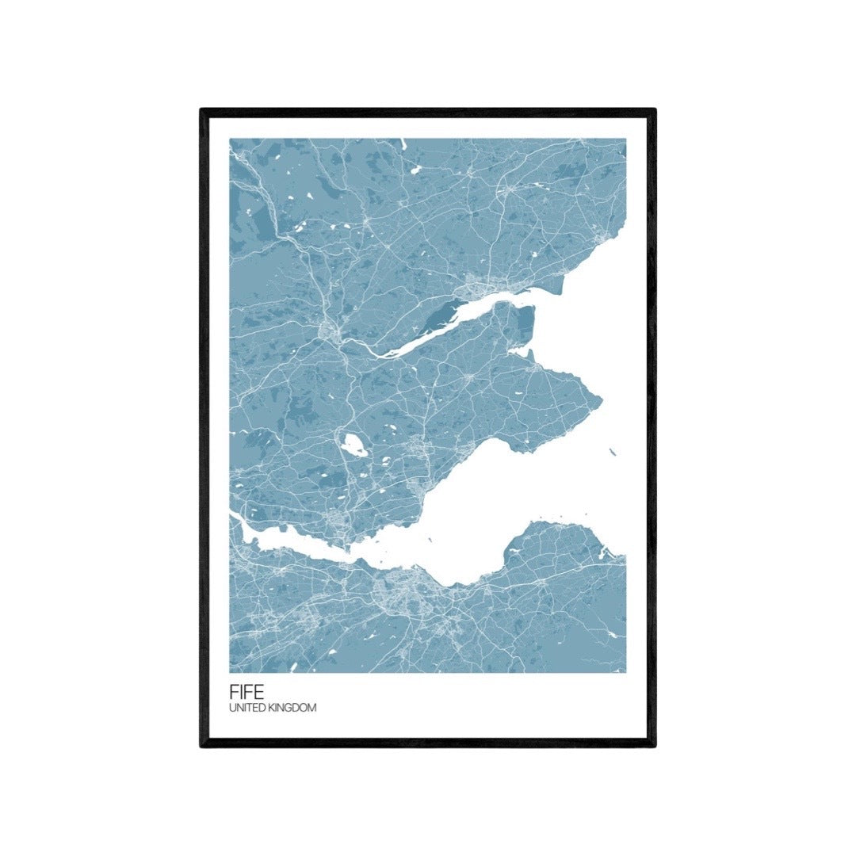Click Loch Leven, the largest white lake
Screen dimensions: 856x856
pos(353,445)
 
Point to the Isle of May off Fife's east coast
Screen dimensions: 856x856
pos(612,452)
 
